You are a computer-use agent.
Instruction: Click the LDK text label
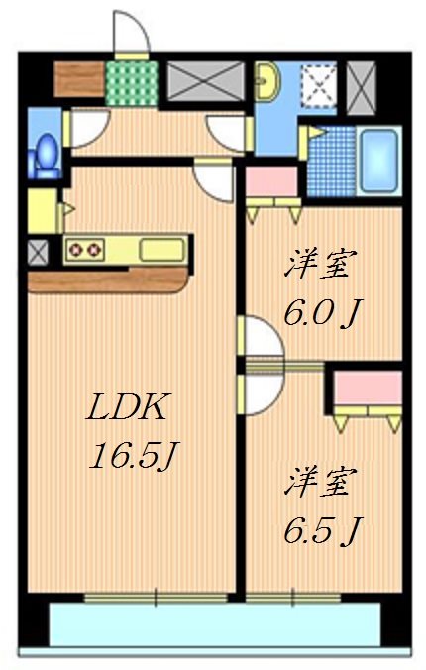(x=130, y=406)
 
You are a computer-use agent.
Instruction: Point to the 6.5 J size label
(x=321, y=530)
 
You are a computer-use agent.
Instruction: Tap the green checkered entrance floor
(x=131, y=80)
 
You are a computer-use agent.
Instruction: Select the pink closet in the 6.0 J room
(x=271, y=182)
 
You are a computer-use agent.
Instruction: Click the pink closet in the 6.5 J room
(x=368, y=390)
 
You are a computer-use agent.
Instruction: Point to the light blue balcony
(x=213, y=624)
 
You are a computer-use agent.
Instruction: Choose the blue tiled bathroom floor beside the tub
(x=332, y=162)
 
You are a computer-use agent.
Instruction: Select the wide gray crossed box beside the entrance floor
(x=206, y=80)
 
